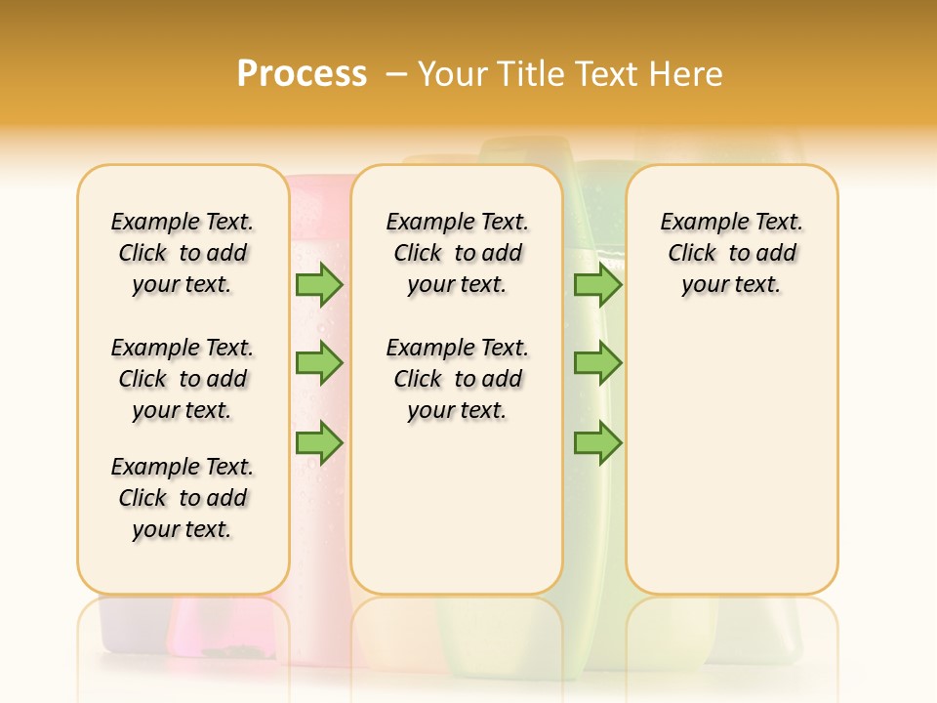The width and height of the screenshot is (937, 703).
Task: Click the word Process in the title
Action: tap(302, 74)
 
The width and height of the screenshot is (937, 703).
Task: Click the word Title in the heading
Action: tap(534, 74)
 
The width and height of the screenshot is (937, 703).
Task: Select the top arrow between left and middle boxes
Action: tap(318, 284)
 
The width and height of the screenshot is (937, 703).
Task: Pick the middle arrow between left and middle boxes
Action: tap(318, 363)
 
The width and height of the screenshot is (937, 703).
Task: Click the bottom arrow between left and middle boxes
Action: tap(318, 444)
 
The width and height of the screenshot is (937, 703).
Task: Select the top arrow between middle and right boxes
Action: tap(597, 284)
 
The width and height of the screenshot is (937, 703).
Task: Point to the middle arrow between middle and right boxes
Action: tap(597, 363)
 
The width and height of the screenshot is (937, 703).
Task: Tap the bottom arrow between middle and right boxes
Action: tap(597, 444)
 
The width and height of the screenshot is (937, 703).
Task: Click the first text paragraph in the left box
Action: tap(183, 253)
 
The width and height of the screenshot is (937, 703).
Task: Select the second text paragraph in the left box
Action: tap(183, 379)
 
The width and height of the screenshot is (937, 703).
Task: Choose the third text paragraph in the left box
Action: tap(183, 498)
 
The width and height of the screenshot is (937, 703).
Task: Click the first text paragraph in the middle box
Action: tap(457, 253)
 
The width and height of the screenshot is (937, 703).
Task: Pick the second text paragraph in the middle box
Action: tap(457, 379)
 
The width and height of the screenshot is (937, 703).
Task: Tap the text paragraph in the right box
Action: tap(731, 253)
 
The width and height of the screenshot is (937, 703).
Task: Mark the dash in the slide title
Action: tap(396, 74)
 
